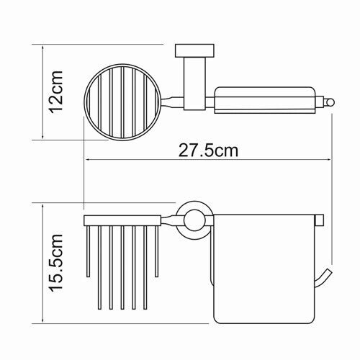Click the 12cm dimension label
(56, 92)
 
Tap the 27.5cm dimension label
(208, 150)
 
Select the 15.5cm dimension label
(56, 263)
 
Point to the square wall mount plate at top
(194, 50)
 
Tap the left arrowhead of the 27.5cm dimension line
(89, 159)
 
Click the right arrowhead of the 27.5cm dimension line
(328, 159)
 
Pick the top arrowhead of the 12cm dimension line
(42, 48)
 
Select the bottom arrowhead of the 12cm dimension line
(42, 136)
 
